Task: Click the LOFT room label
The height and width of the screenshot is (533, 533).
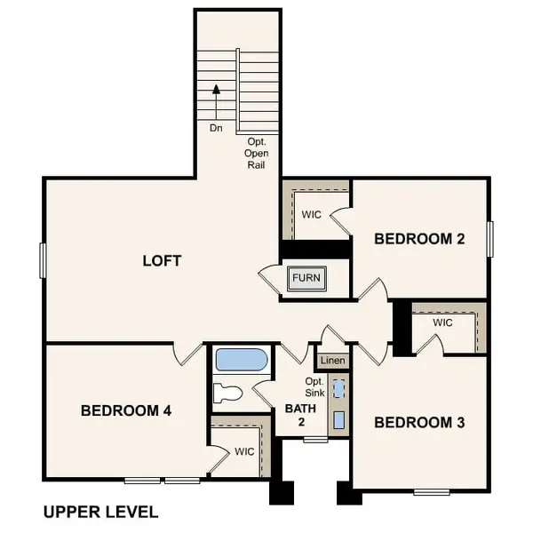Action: [x=162, y=260]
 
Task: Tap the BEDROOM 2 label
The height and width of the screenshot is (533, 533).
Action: [x=419, y=238]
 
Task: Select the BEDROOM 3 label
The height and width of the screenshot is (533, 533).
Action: [x=419, y=423]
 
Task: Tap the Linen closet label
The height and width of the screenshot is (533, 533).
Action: [x=332, y=361]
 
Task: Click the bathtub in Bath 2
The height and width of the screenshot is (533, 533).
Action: [x=241, y=360]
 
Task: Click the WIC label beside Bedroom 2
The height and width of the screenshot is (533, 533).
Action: [x=311, y=215]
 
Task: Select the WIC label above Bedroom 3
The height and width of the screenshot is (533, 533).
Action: [x=443, y=322]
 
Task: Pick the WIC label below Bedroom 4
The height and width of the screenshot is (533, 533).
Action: [x=245, y=451]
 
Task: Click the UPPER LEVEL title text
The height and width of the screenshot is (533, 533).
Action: [x=100, y=512]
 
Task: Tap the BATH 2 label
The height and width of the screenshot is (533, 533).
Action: [x=295, y=415]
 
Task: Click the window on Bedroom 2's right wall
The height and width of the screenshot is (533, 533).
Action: [x=489, y=238]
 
